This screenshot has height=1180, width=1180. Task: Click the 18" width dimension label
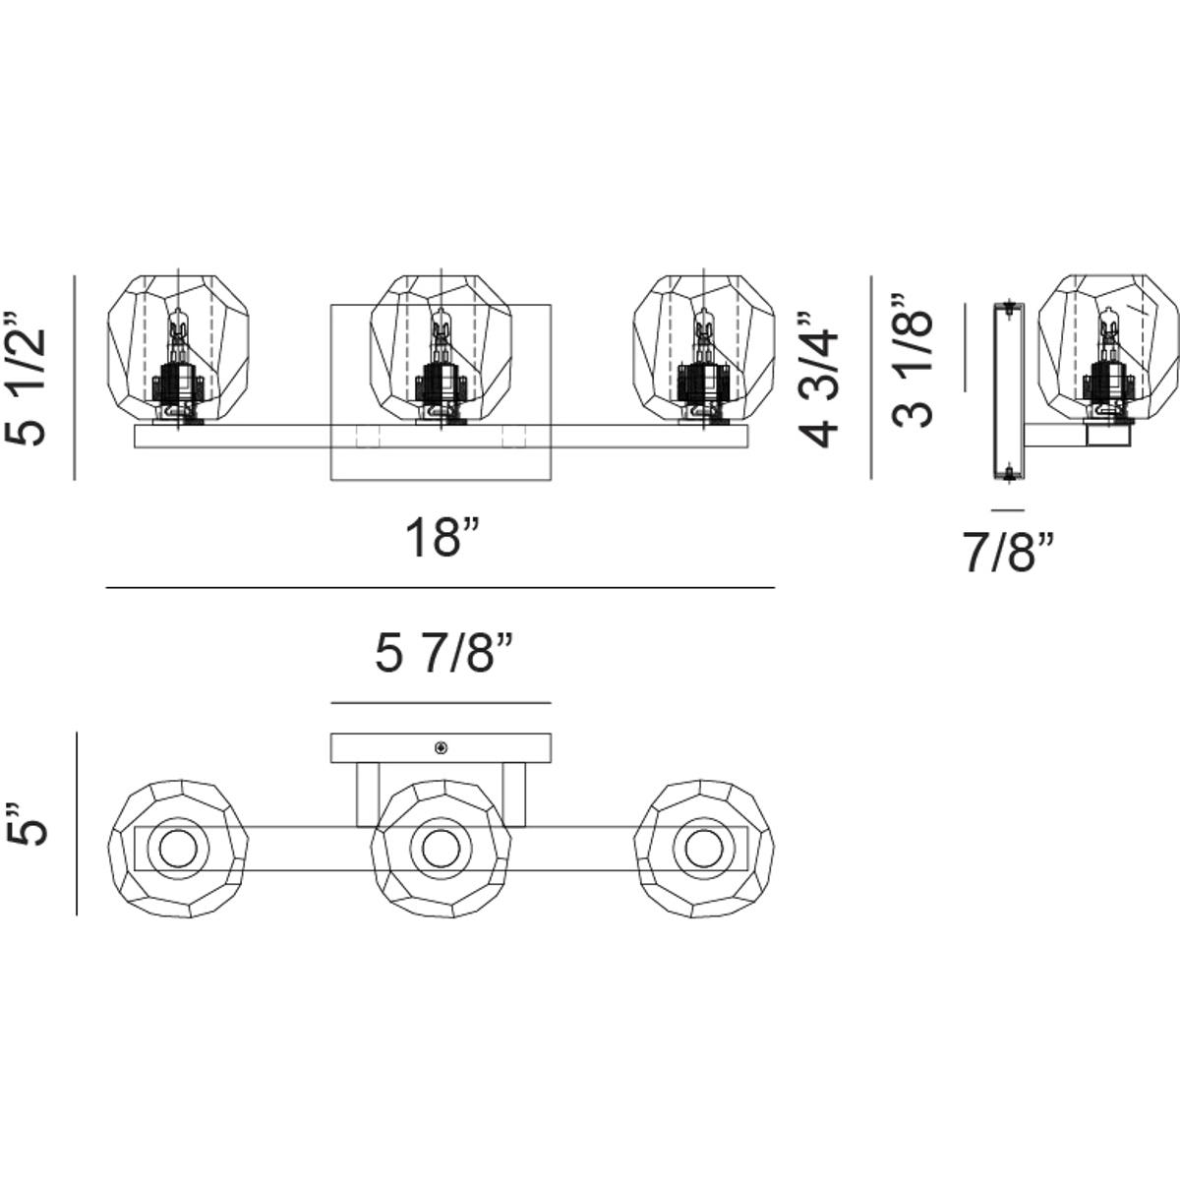tap(442, 539)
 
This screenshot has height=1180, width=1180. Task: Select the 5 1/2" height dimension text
tap(27, 379)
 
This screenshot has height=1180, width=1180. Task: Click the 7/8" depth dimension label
tap(1008, 554)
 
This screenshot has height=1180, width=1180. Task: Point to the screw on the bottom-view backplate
tap(441, 748)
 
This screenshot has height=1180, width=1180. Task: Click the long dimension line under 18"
tap(441, 588)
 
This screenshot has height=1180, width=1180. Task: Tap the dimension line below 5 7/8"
tap(441, 703)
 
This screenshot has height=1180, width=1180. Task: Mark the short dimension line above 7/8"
tap(1008, 510)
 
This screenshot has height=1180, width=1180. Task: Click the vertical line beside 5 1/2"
tap(75, 379)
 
